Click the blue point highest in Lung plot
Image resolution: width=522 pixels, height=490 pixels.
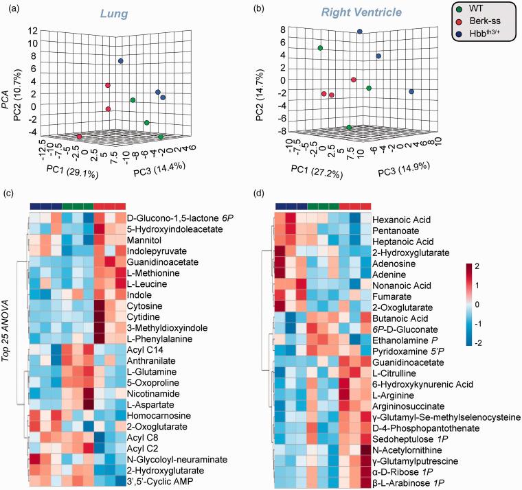point(120,61)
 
